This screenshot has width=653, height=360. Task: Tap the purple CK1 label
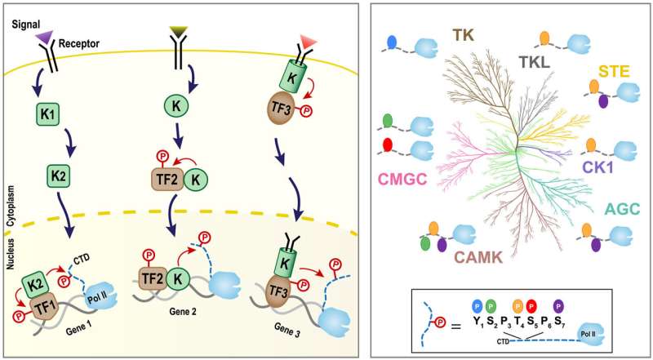598,167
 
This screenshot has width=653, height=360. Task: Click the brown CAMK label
482,259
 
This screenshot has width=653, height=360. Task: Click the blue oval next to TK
392,41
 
